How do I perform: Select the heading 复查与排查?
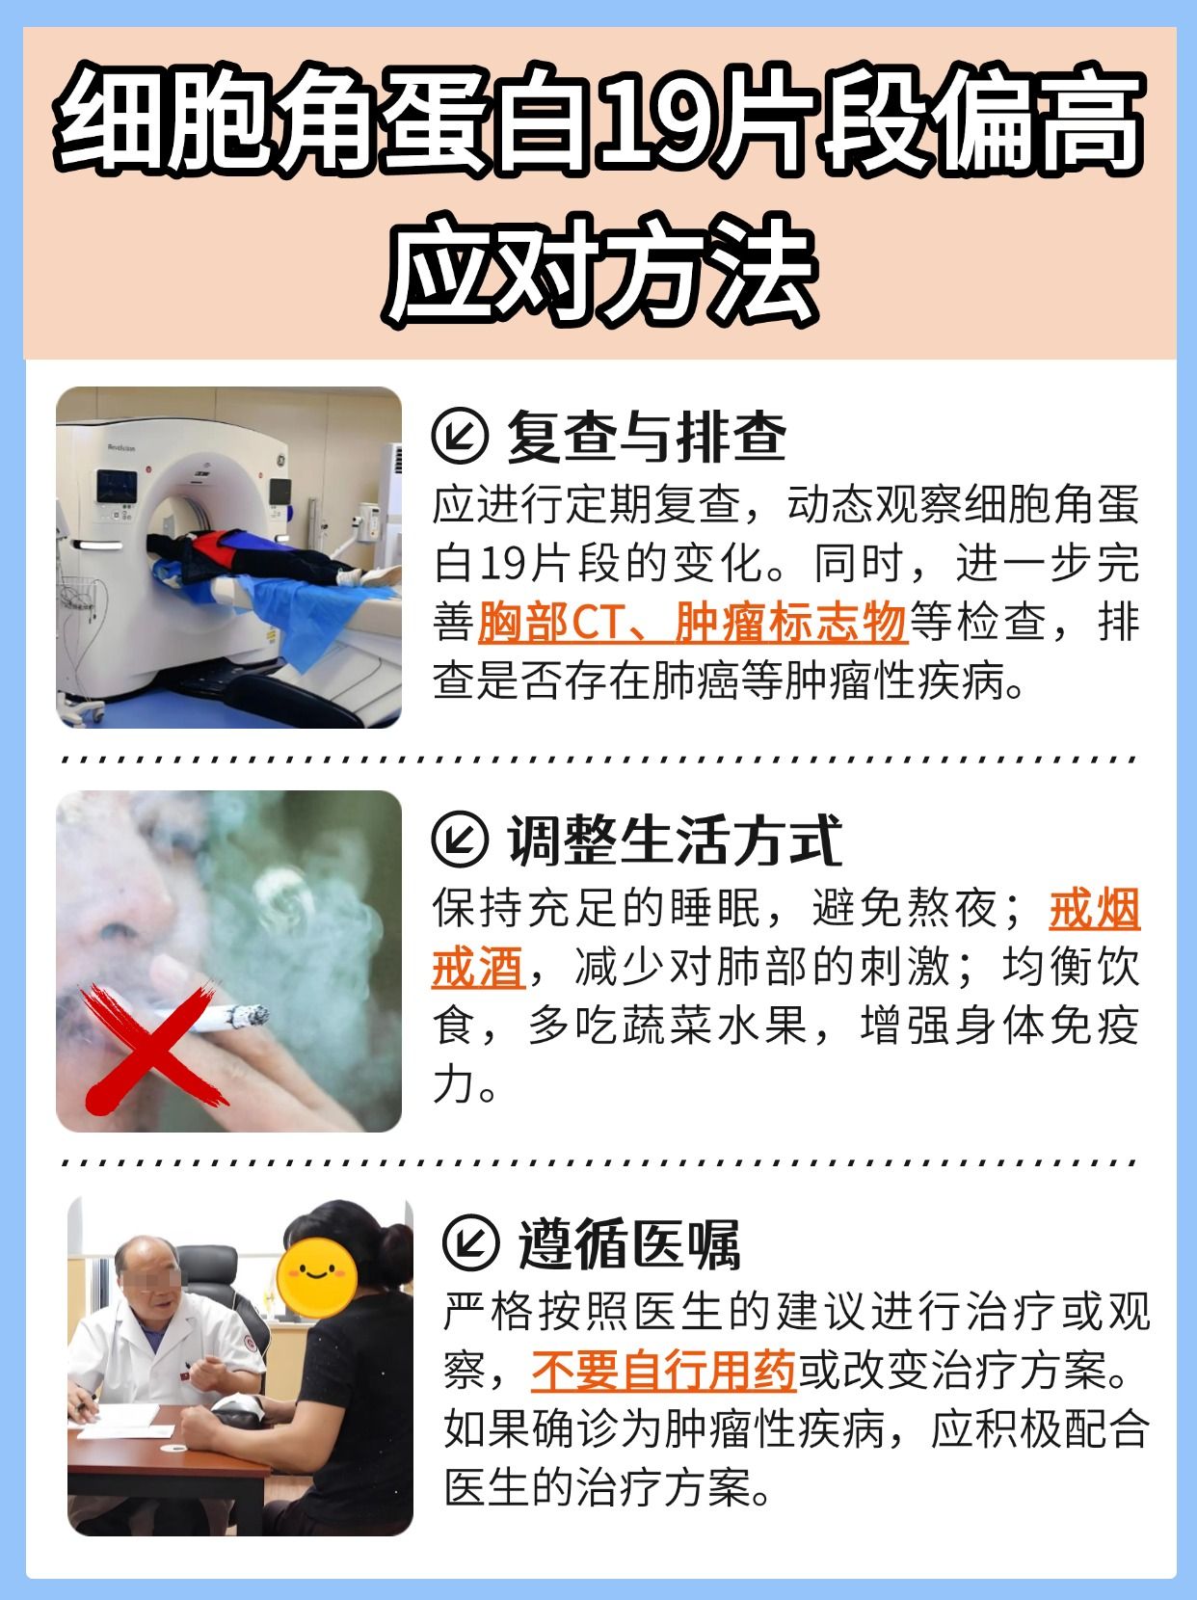(x=646, y=437)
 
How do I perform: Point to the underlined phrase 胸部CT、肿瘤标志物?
(x=692, y=623)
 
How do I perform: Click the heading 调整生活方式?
(x=674, y=840)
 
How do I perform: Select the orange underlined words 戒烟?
(x=1093, y=909)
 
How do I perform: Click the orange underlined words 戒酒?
(x=477, y=968)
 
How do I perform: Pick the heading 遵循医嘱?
(x=628, y=1244)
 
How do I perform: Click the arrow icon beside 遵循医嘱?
(x=469, y=1244)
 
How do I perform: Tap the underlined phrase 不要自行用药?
(x=663, y=1371)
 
